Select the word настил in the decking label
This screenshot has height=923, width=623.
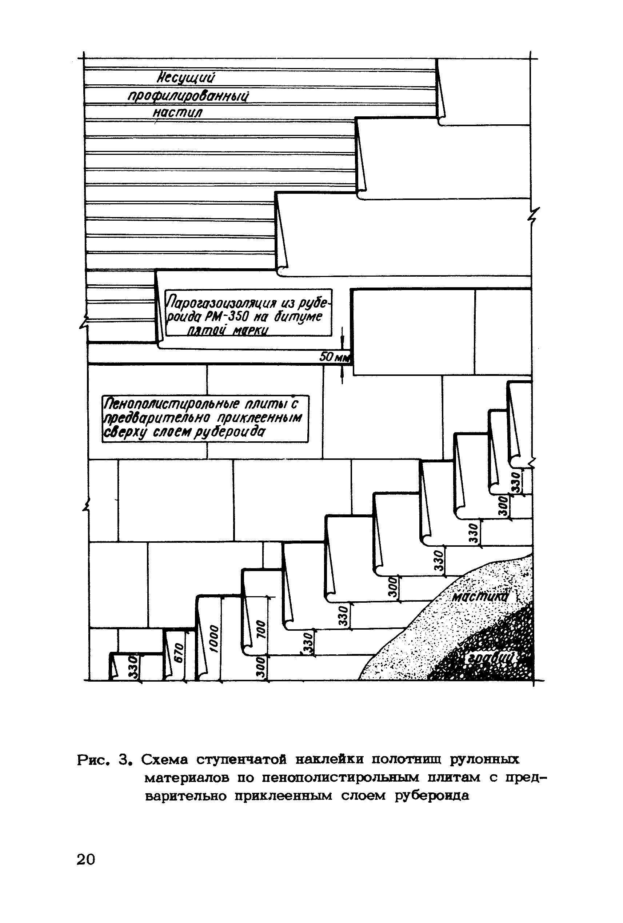point(178,113)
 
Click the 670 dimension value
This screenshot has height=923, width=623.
point(179,653)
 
